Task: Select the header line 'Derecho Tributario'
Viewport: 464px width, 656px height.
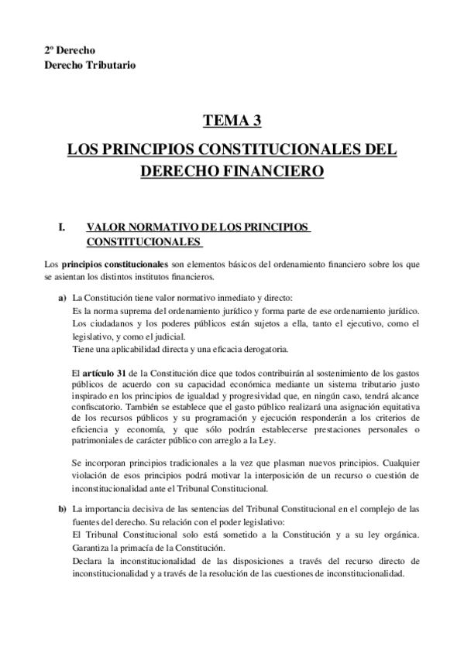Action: point(89,65)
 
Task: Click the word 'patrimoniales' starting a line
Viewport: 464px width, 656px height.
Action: point(97,436)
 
